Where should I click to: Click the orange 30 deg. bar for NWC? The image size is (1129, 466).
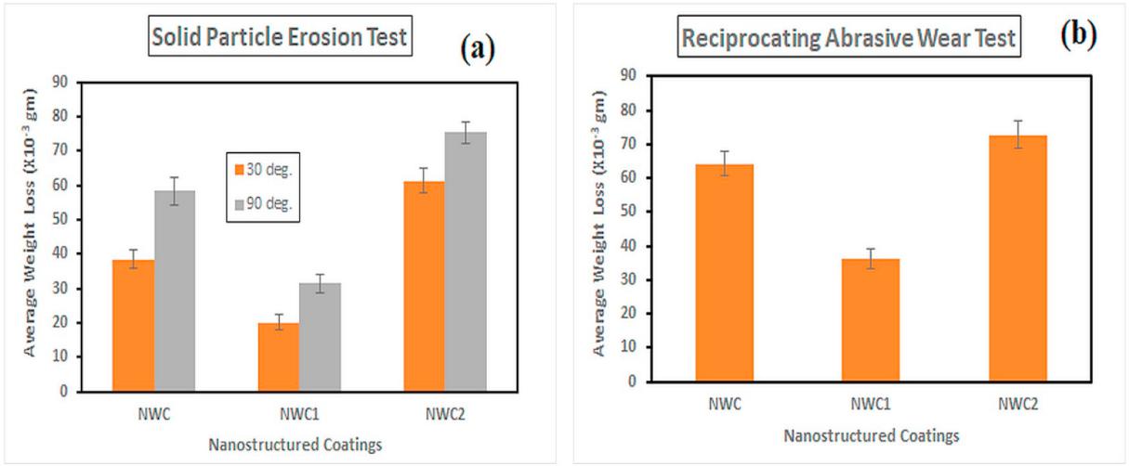(x=133, y=325)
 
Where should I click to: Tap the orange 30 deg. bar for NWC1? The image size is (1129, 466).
(x=278, y=356)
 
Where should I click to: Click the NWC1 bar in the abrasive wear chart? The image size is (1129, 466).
(x=870, y=319)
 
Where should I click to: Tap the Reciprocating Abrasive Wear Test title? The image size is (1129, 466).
(x=848, y=39)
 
